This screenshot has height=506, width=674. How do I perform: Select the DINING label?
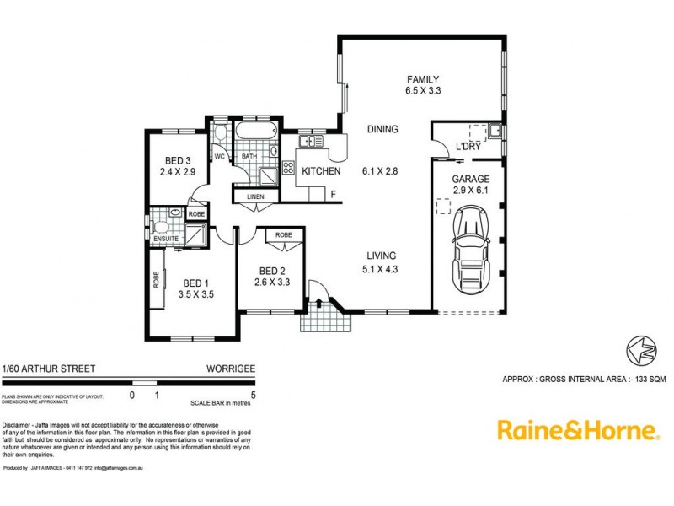(x=382, y=129)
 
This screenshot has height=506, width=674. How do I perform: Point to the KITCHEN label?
(x=321, y=171)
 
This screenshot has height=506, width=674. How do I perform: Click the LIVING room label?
(x=381, y=256)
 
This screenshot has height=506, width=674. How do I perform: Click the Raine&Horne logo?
(x=577, y=430)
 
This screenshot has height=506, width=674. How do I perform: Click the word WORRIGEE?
(x=231, y=369)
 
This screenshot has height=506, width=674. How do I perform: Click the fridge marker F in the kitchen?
(x=334, y=195)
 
